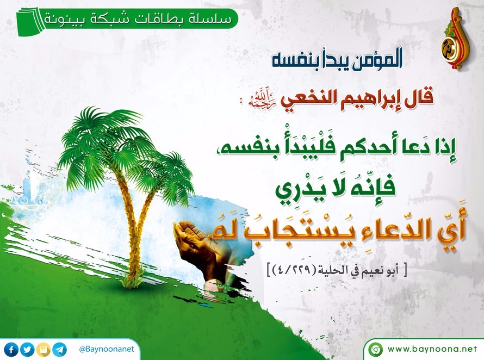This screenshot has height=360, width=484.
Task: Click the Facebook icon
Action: pos(12,350)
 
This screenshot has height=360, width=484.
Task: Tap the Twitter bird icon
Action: pos(27,350)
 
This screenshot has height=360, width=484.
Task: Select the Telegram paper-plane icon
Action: pos(59,350)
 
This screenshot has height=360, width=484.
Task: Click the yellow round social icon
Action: pos(43,350)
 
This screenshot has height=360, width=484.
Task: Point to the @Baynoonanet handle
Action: pos(107,349)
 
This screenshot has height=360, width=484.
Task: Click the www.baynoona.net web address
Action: pos(432,349)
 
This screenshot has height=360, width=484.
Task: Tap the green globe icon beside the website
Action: pos(375,350)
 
